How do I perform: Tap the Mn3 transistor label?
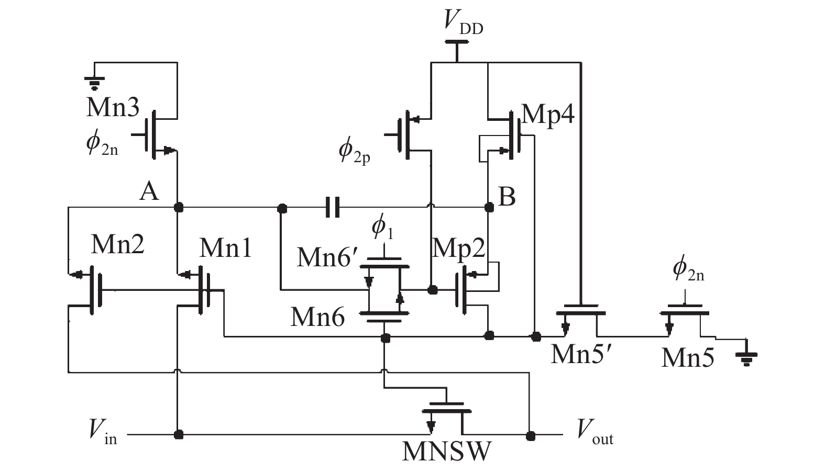(113, 107)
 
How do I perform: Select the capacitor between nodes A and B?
(332, 207)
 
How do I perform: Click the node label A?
(149, 192)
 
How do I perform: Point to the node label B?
(507, 197)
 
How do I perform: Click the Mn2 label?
(117, 244)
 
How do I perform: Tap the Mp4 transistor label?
(548, 114)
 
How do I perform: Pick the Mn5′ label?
(581, 354)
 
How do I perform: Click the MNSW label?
(447, 452)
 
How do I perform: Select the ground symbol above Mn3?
(95, 80)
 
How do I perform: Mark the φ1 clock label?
(382, 228)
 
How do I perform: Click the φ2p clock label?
(354, 151)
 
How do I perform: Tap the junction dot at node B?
(489, 208)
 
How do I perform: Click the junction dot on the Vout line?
(531, 435)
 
